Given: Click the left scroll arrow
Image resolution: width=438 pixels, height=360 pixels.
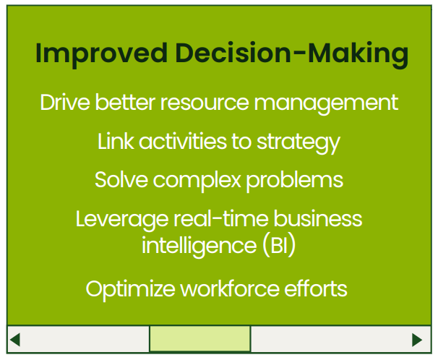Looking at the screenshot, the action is click(x=14, y=340).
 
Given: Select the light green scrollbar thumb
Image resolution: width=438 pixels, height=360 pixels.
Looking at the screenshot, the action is click(x=200, y=339).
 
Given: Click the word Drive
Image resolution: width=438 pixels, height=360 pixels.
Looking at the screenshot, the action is click(x=65, y=103).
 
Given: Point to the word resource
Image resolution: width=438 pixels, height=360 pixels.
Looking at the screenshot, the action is click(x=205, y=103).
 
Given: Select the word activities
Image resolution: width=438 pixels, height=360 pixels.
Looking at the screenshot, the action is click(x=183, y=141).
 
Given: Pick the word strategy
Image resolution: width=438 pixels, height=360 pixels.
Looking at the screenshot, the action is click(x=299, y=142).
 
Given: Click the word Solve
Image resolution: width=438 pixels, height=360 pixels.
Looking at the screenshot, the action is click(x=121, y=180).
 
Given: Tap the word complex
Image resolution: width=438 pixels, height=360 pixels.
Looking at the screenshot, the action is click(x=197, y=181).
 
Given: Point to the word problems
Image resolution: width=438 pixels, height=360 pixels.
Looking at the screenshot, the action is click(x=294, y=181).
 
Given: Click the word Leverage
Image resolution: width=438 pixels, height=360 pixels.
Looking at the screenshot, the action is click(x=122, y=220).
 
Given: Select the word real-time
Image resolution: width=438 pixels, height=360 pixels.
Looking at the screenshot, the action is click(x=220, y=219).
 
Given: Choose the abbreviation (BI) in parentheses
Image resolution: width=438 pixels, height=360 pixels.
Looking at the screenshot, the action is click(x=279, y=246).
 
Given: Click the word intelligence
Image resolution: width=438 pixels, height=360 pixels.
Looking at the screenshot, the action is click(x=199, y=246).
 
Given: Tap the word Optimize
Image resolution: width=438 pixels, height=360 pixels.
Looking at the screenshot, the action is click(x=130, y=289).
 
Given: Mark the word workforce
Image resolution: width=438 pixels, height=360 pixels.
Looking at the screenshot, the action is click(x=230, y=288).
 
